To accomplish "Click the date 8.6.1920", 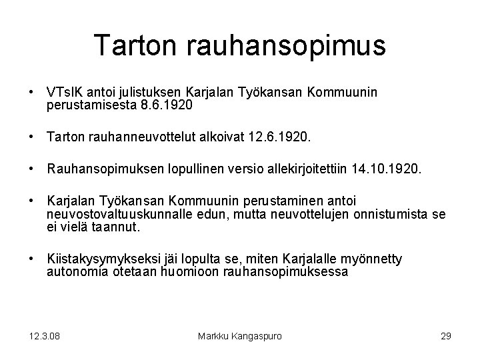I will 167,105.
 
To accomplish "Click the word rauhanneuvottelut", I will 133,138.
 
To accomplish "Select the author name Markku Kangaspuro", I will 240,336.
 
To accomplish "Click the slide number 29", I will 445,336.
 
